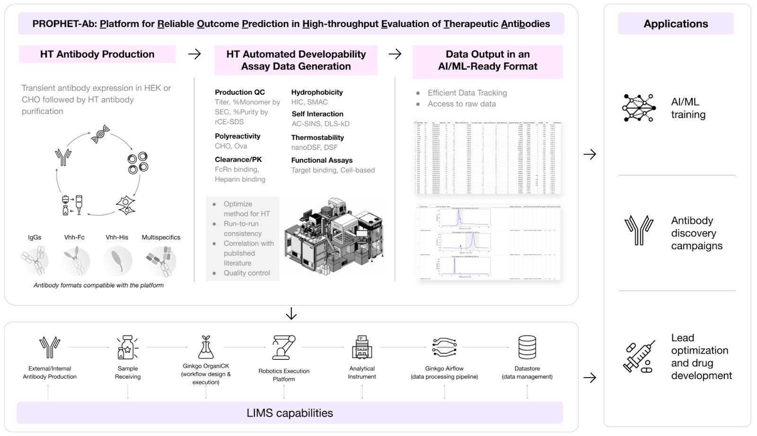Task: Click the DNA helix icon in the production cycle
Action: [100, 134]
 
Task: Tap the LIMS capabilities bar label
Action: [290, 413]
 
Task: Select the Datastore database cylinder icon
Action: [527, 347]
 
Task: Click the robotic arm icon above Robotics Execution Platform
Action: [284, 347]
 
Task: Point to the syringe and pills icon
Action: [639, 357]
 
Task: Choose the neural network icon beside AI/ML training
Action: [639, 108]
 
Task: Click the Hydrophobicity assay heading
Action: [317, 92]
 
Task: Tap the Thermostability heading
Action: [317, 137]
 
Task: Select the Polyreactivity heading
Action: [238, 136]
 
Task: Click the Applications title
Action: [676, 24]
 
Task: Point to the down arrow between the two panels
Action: [291, 314]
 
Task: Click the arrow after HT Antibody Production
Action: [194, 54]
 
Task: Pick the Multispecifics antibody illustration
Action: [161, 261]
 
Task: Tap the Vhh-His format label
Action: [117, 237]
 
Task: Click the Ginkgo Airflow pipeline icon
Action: [444, 347]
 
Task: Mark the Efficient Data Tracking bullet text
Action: [467, 93]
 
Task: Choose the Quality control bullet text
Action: [246, 273]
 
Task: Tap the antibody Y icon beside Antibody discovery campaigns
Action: [639, 230]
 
